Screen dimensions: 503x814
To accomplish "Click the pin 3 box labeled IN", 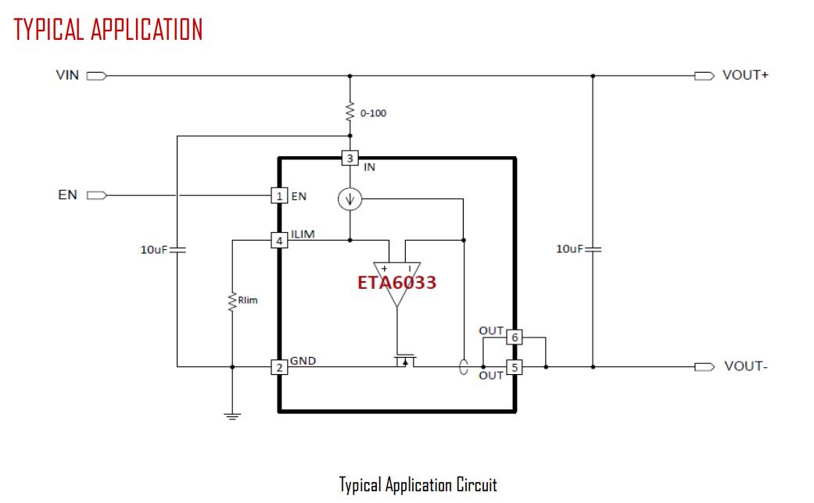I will coord(350,159).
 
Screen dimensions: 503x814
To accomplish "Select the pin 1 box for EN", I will coord(279,196).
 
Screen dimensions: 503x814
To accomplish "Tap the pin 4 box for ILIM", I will coord(279,241).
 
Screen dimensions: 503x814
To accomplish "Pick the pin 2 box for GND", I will coord(279,367).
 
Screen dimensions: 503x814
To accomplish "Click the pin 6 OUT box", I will coord(514,337).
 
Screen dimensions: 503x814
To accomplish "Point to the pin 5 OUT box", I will coord(514,367).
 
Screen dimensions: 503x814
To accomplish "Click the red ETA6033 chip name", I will coord(396,283).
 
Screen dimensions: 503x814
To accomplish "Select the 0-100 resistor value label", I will coord(373,113).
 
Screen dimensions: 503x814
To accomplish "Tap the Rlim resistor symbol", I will coord(232,301).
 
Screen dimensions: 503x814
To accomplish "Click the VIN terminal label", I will coord(67,77).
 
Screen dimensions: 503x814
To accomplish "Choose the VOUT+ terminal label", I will coord(747,77).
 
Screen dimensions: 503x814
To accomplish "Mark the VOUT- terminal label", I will coord(745,366).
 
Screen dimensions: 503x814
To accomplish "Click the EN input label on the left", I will coord(67,194).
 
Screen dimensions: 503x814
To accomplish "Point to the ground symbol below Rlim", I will coord(232,416).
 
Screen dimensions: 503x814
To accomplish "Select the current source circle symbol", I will coord(350,201).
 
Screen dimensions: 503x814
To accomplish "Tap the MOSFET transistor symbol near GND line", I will coord(403,361).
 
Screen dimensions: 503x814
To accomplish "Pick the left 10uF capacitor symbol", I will coord(178,250).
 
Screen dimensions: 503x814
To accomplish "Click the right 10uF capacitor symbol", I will coord(593,249).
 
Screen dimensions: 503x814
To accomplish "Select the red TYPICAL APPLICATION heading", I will coord(108,30).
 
